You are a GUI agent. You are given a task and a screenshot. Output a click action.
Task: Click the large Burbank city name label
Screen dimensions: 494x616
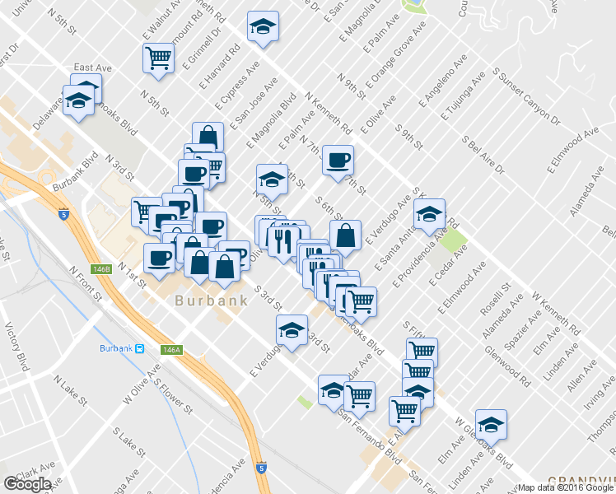point(211,301)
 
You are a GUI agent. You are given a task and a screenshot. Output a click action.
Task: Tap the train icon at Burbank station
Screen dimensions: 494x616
point(141,348)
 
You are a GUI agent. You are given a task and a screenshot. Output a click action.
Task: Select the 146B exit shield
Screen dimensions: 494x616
point(101,268)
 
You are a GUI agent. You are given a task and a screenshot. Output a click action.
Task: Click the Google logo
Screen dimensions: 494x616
point(27,484)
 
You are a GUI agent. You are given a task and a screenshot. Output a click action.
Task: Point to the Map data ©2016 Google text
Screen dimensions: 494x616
point(565,487)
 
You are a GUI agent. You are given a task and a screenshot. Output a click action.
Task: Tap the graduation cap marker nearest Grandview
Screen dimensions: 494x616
point(491,424)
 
